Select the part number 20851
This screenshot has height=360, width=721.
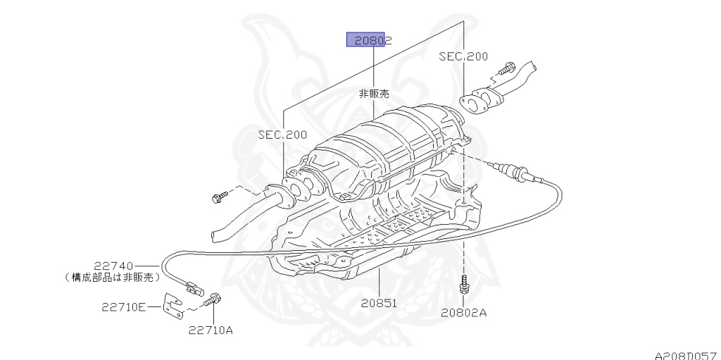click(x=380, y=304)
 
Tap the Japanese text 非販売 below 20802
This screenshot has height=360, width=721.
click(x=374, y=93)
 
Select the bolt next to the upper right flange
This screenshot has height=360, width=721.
click(x=505, y=70)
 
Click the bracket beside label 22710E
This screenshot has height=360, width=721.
click(x=170, y=304)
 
